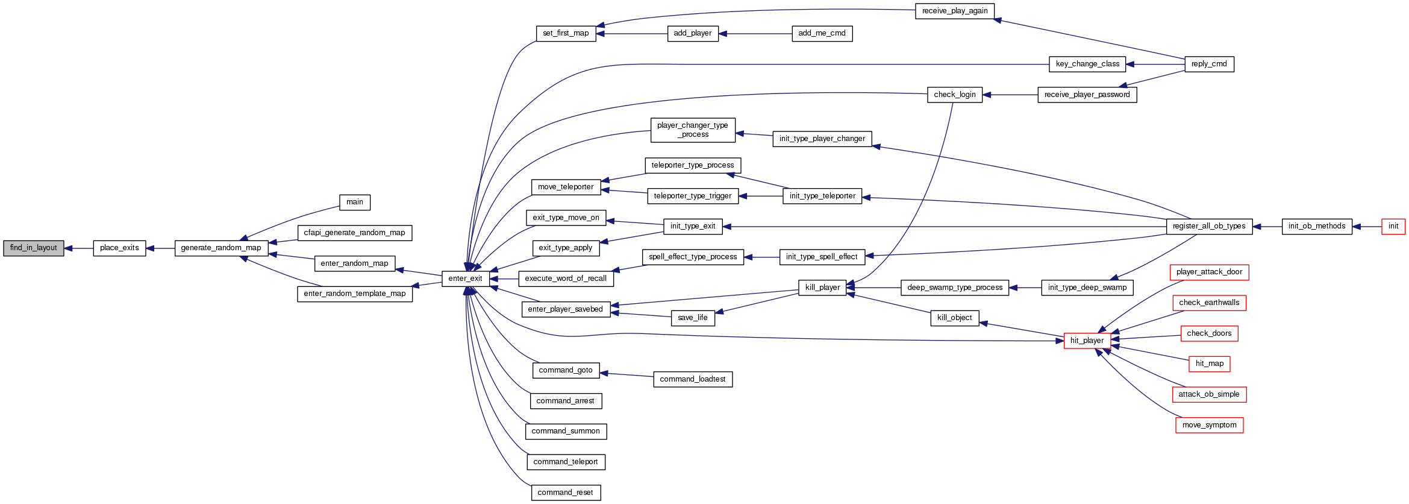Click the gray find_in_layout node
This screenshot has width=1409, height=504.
point(34,248)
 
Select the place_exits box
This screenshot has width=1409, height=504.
point(119,248)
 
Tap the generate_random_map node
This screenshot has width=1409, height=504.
point(221,248)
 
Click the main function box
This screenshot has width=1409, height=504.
point(355,202)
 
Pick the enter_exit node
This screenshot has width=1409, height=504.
point(465,279)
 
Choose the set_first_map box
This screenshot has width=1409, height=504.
point(566,33)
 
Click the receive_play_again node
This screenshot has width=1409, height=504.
point(955,11)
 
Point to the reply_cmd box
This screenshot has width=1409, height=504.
point(1209,64)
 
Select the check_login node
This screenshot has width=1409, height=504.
point(955,95)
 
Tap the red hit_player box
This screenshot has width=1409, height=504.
point(1087,341)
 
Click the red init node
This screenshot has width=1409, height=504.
point(1393,226)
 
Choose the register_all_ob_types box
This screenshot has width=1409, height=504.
point(1209,226)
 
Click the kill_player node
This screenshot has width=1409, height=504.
point(822,288)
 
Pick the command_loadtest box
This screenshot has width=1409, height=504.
point(693,379)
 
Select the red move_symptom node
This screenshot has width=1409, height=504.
point(1209,425)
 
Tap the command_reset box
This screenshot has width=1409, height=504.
point(565,493)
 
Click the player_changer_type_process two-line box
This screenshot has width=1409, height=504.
point(693,130)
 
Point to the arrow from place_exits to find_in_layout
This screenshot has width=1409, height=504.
point(79,248)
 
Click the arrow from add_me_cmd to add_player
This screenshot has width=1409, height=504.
point(755,34)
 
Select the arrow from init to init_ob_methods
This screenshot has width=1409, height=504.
point(1367,227)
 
